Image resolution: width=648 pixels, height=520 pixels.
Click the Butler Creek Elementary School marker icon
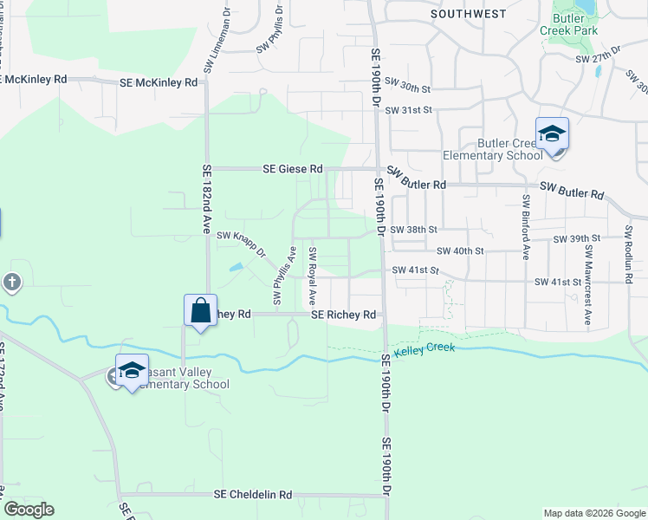[552, 135]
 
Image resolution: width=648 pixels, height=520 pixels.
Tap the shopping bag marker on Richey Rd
[200, 311]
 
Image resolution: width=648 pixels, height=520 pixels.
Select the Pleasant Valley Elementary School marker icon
[132, 371]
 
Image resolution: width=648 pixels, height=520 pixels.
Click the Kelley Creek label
[424, 350]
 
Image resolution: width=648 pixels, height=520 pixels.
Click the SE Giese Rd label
[293, 169]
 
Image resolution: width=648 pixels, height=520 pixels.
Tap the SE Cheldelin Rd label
[253, 495]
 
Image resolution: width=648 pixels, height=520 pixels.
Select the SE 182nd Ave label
[207, 200]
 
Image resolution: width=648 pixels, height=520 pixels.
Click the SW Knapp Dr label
[240, 234]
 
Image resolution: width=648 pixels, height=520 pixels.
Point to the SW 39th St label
[579, 238]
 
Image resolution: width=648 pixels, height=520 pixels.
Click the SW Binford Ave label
[526, 226]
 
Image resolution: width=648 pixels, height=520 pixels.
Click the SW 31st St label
[408, 110]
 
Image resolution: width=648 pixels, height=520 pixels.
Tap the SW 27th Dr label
[599, 55]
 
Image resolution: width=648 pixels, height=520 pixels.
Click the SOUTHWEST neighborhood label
[468, 14]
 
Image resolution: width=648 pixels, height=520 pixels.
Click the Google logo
[29, 510]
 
